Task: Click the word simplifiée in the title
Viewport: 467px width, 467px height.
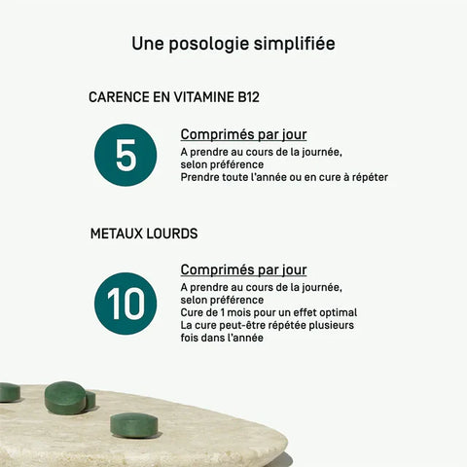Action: click(x=295, y=44)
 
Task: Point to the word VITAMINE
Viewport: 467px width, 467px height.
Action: click(x=204, y=97)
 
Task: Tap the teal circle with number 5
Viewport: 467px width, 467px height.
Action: click(x=126, y=155)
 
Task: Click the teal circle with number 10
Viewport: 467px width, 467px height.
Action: click(x=126, y=304)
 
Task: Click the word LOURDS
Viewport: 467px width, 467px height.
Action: click(x=172, y=233)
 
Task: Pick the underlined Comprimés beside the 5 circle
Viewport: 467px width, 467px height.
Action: click(x=216, y=134)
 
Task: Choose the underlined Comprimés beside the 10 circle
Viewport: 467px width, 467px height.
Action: click(x=216, y=269)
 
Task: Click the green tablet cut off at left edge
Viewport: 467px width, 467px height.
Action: click(x=9, y=392)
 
